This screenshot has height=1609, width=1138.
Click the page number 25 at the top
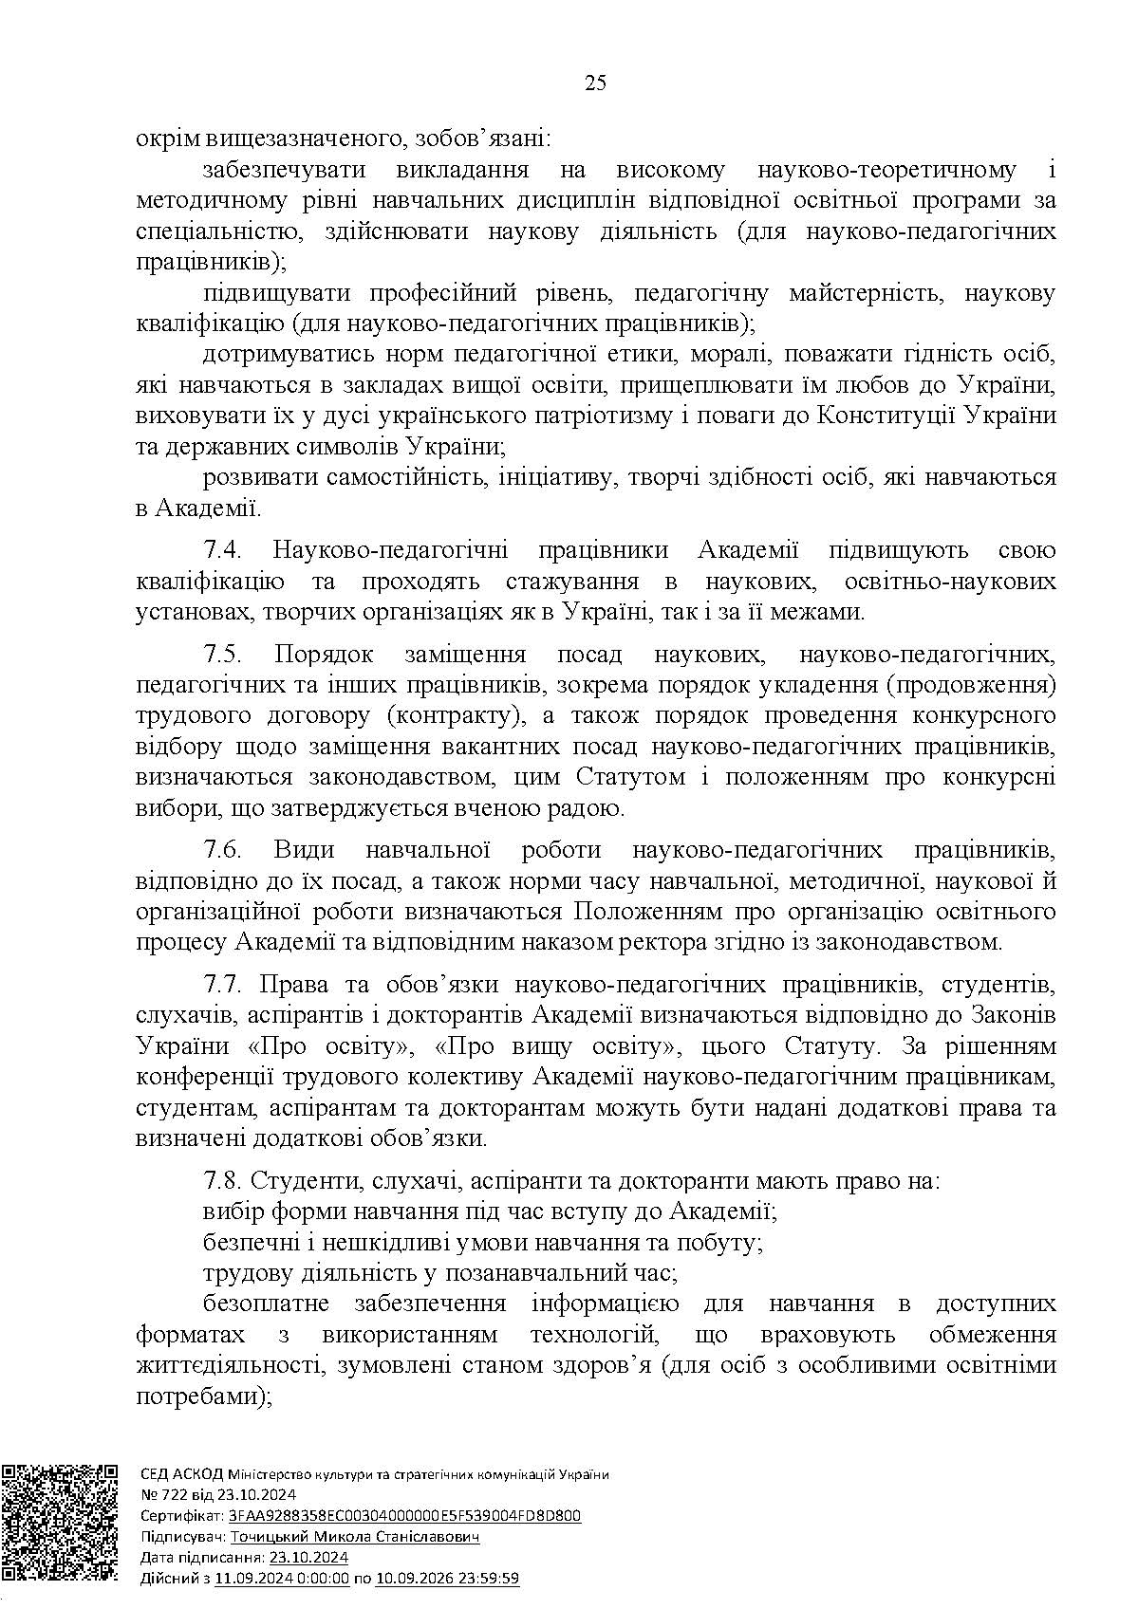pos(595,83)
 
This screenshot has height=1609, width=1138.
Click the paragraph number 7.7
pos(224,985)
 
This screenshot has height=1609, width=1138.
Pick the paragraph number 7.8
pos(224,1182)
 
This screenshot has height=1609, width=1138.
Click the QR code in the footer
pos(60,1523)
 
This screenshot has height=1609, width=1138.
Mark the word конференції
pos(198,1077)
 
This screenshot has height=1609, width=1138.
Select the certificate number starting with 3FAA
pos(401,1516)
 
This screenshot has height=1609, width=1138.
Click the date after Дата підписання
pos(308,1558)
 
